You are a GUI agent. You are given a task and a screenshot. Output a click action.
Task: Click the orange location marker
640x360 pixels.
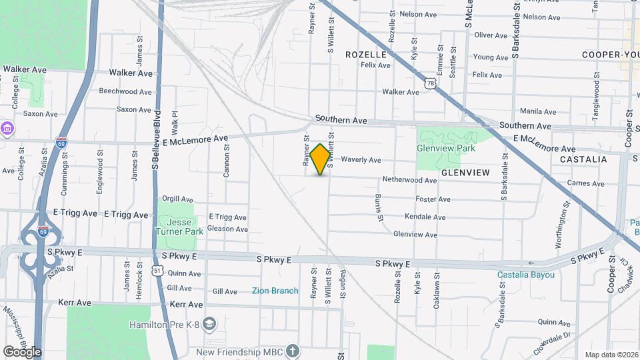click(320, 159)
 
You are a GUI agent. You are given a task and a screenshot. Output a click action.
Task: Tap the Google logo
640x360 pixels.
click(22, 351)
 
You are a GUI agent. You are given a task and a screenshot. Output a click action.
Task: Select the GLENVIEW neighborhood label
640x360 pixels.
click(465, 173)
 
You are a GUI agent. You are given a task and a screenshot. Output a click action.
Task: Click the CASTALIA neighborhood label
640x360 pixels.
click(583, 159)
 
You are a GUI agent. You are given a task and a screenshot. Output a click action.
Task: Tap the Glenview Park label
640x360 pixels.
click(446, 148)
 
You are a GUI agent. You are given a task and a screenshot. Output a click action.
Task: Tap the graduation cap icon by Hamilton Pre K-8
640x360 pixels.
click(210, 324)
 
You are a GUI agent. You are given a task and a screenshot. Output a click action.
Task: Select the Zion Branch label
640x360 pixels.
click(275, 291)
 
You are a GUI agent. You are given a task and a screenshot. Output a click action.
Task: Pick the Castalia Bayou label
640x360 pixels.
click(526, 275)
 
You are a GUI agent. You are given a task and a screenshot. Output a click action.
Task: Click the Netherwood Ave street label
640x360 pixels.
click(409, 180)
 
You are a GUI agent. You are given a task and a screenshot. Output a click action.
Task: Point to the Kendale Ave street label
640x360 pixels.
click(425, 217)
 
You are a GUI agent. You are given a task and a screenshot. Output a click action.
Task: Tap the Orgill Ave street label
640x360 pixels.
click(177, 199)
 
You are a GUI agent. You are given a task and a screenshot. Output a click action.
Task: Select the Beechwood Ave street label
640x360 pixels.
click(126, 91)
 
